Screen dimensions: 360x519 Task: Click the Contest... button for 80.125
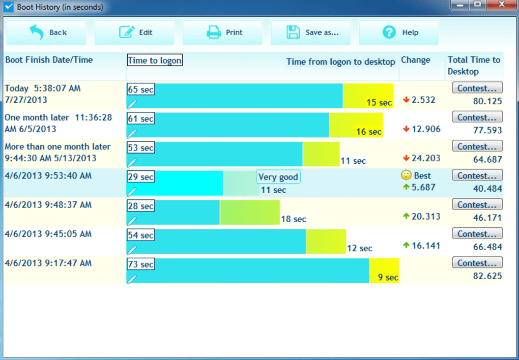(x=477, y=88)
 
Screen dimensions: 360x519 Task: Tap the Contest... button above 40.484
(x=477, y=175)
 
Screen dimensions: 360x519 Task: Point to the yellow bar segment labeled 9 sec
(x=384, y=271)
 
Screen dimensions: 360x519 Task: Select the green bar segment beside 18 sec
(x=249, y=212)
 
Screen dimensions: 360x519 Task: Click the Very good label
(x=278, y=177)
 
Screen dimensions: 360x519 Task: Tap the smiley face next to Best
(x=406, y=175)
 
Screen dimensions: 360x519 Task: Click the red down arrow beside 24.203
(x=406, y=158)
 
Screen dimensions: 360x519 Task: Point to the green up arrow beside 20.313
(x=406, y=216)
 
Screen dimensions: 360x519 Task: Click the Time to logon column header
(x=155, y=61)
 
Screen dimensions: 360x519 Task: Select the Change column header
(x=415, y=60)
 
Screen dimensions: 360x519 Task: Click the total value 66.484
(x=487, y=247)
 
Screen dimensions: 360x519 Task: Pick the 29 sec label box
(x=140, y=177)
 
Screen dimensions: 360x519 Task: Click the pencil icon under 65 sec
(x=132, y=104)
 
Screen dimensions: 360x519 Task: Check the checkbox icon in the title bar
(x=8, y=7)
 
